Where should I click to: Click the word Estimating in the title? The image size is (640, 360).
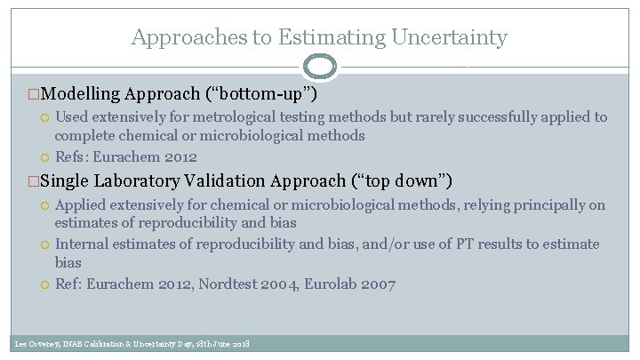click(322, 37)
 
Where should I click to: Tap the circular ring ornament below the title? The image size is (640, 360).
click(320, 67)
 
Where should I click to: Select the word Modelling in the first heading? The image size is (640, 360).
click(80, 93)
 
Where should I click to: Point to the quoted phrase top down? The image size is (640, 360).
click(396, 180)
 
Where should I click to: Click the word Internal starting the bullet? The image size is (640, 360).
click(83, 244)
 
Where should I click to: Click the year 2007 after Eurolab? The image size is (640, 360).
click(380, 284)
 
